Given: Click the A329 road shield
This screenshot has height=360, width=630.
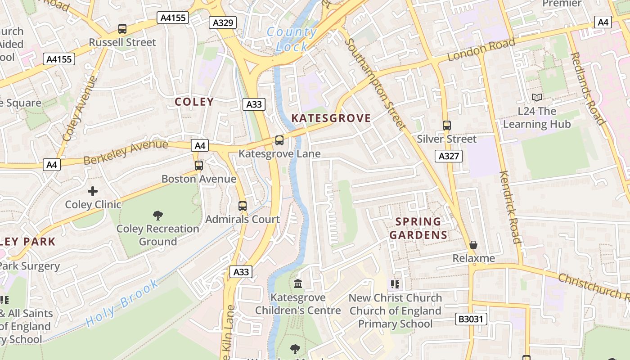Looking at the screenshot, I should (x=223, y=22).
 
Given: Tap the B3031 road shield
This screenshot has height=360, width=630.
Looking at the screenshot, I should (x=471, y=319).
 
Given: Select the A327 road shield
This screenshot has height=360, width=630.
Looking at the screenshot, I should (x=449, y=156).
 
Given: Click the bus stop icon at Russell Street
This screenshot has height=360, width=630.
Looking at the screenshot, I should (x=122, y=29).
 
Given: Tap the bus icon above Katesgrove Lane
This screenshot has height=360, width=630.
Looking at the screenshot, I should (x=279, y=140).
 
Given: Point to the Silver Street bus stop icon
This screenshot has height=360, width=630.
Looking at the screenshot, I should (x=446, y=126).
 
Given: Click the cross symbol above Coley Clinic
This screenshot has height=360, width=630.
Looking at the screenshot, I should (x=93, y=191).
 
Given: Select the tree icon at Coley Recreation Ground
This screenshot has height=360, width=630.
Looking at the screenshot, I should (x=157, y=216).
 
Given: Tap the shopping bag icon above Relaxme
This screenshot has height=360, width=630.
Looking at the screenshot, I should (x=473, y=245).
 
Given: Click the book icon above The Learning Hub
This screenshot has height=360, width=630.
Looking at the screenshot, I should (x=537, y=97).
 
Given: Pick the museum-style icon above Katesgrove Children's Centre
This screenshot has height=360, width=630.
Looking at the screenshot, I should (x=298, y=284).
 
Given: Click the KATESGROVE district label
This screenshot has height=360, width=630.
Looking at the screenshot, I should (x=331, y=118).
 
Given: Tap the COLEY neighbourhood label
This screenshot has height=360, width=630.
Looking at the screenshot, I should (x=194, y=102).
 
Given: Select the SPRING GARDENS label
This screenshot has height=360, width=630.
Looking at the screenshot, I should (x=418, y=228).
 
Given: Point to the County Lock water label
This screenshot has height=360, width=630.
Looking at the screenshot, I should (x=292, y=39).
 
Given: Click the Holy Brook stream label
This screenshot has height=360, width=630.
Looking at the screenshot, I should (x=122, y=303).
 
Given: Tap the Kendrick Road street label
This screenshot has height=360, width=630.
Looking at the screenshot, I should (x=510, y=207).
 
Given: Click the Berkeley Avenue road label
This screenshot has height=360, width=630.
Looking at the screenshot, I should (x=126, y=152).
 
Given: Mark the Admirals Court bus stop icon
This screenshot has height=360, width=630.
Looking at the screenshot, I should (x=243, y=206).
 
